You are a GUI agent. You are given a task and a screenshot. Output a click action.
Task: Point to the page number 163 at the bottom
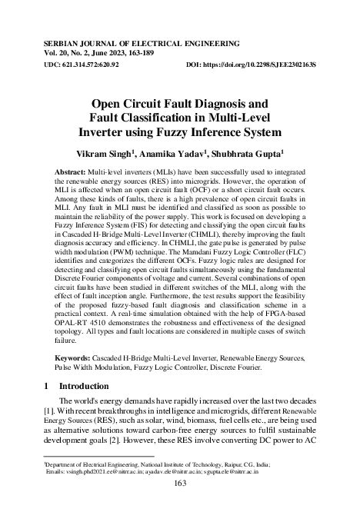[x=180, y=483]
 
